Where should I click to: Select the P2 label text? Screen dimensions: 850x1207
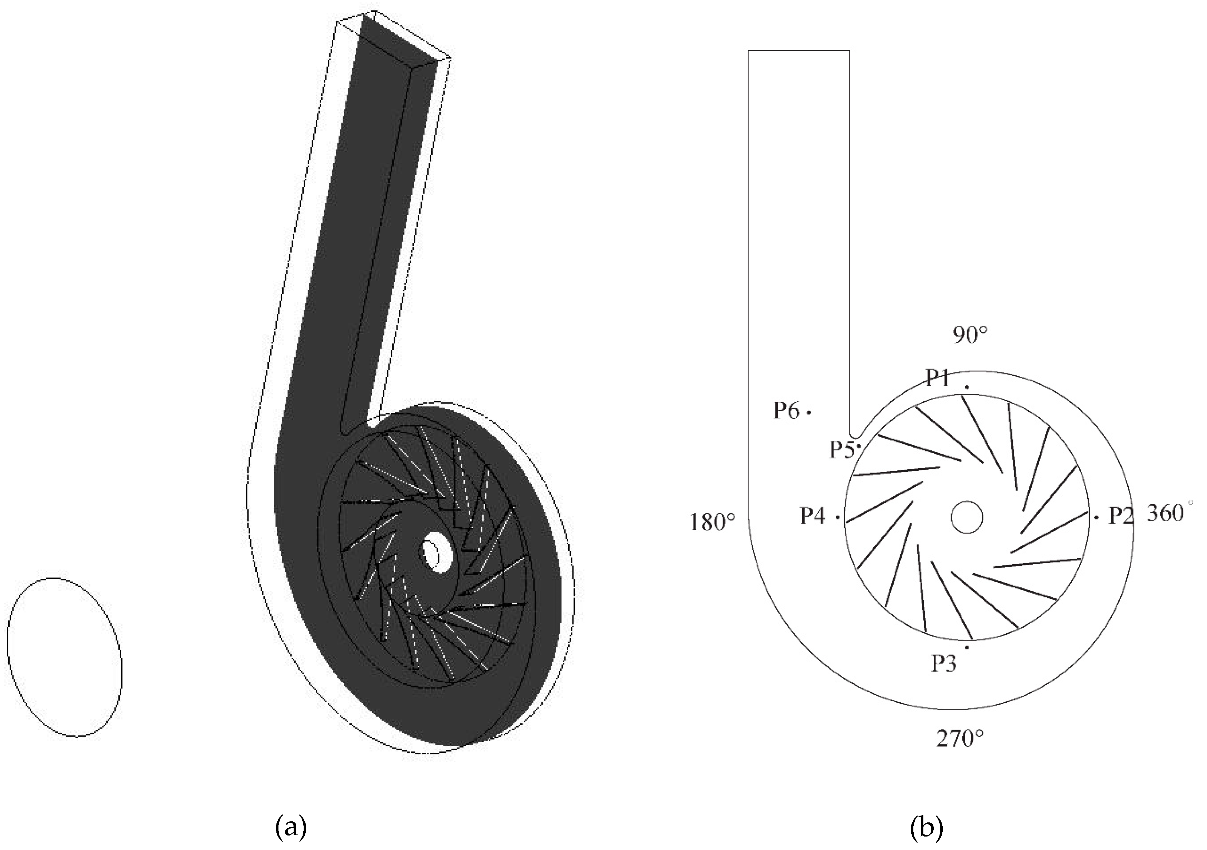[1121, 516]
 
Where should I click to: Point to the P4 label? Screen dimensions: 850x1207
[813, 516]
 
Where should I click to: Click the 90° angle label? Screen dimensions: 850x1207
[970, 335]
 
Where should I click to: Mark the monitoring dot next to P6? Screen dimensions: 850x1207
[809, 413]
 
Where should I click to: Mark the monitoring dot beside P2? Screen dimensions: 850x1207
[1097, 517]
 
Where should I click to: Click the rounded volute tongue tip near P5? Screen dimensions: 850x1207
[856, 434]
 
